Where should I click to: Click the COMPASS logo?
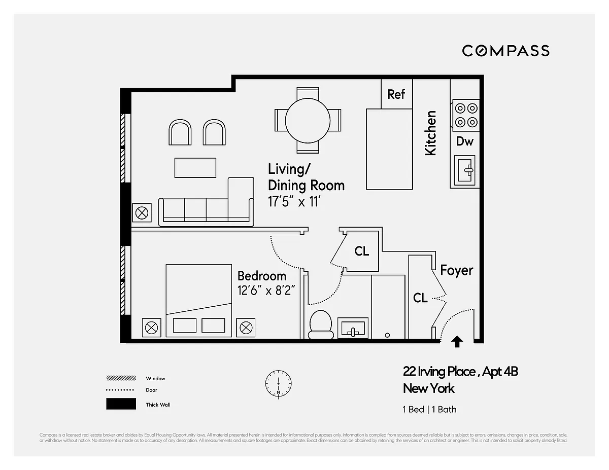tap(505, 51)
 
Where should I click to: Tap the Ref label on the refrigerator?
tap(396, 94)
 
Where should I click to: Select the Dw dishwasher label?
tap(464, 141)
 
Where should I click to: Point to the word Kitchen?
tap(430, 133)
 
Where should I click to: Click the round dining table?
tap(308, 120)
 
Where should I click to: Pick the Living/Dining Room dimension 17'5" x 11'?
tap(295, 202)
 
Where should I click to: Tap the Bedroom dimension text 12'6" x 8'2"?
tap(266, 292)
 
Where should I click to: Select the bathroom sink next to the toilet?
tap(353, 329)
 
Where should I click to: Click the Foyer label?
tap(456, 271)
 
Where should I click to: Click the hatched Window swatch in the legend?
tap(121, 378)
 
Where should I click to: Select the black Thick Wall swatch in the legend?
tap(121, 404)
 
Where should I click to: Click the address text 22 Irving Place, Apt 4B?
tap(460, 372)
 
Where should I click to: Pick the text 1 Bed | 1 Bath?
tap(429, 409)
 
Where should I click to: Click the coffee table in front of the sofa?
tap(195, 168)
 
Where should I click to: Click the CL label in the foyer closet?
tap(420, 298)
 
